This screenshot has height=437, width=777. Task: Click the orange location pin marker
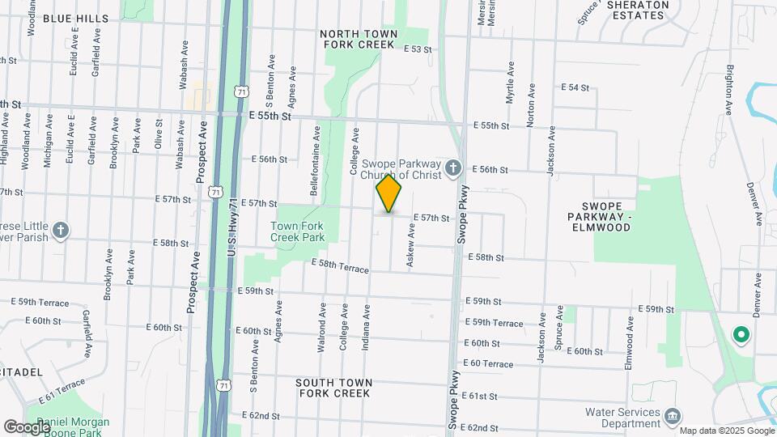389,193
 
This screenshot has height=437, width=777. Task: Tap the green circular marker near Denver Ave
739,333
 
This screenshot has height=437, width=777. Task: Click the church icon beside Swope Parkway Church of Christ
453,169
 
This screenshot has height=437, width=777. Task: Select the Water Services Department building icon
672,417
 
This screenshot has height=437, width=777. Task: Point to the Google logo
26,426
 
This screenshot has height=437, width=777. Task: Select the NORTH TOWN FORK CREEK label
359,40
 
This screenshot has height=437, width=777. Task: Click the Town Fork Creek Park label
297,231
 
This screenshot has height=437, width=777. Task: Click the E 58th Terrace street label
340,265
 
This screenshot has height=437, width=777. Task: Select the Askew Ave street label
411,247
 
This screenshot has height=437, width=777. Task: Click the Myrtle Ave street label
510,83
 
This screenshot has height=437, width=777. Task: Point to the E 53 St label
418,49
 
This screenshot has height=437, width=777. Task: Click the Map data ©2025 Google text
726,431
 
